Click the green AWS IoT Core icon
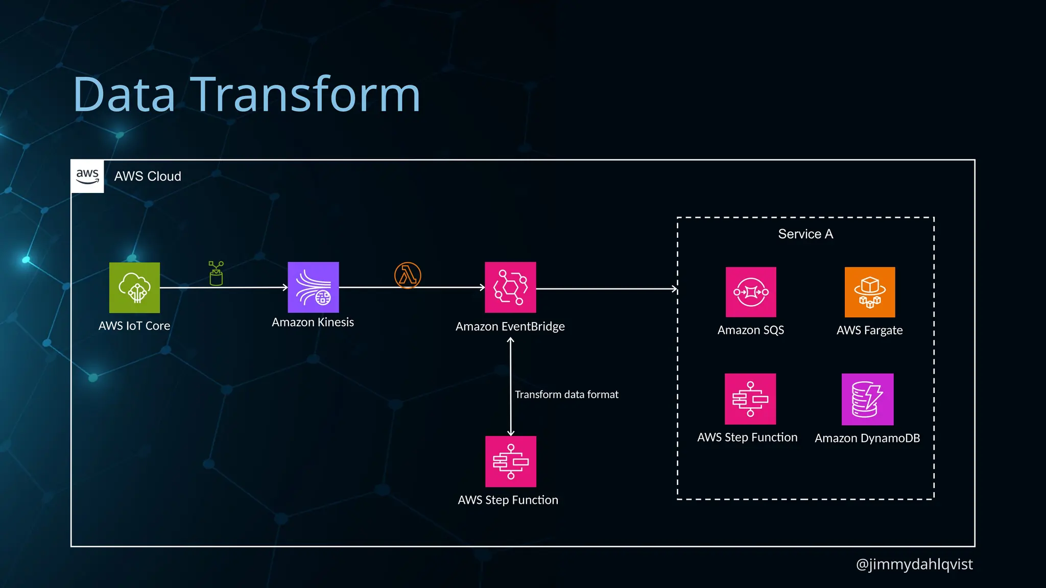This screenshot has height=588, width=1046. tap(134, 287)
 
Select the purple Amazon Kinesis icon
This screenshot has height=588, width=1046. tap(313, 287)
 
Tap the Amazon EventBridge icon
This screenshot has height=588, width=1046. tap(510, 287)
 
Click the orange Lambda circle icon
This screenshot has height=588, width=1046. tap(408, 276)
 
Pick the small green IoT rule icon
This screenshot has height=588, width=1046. tap(216, 274)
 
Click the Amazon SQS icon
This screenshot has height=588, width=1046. tap(751, 292)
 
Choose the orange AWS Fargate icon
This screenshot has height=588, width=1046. tap(870, 292)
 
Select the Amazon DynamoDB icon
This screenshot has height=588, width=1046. tap(867, 399)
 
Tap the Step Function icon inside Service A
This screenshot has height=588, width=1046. tap(750, 399)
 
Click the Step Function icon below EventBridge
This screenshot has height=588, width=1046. tap(511, 461)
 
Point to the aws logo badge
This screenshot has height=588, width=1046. tap(87, 176)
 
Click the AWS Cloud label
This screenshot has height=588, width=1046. tap(148, 176)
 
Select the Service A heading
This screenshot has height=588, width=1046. tap(805, 234)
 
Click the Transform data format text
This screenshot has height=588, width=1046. tap(566, 395)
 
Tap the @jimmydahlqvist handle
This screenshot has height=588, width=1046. tap(914, 564)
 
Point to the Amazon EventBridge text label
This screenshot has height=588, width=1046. tap(510, 326)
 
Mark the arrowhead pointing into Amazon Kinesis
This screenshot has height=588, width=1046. tap(285, 287)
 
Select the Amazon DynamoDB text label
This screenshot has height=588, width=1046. tap(867, 438)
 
